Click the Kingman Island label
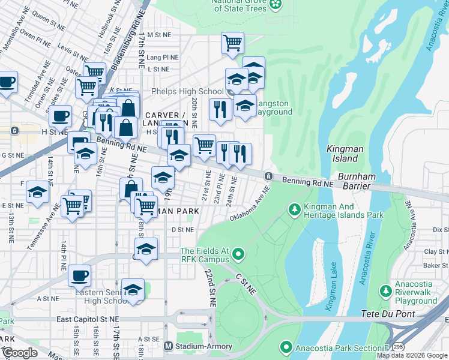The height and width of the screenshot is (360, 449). pyautogui.click(x=342, y=154)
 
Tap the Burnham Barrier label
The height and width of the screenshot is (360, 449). pyautogui.click(x=356, y=182)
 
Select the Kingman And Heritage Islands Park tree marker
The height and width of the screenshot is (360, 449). pyautogui.click(x=294, y=209)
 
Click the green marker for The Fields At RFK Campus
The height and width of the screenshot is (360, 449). pyautogui.click(x=238, y=254)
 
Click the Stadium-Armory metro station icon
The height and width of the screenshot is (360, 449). pyautogui.click(x=168, y=346)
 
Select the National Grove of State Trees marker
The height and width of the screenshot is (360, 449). pyautogui.click(x=276, y=5)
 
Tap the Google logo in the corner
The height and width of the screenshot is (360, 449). pyautogui.click(x=19, y=353)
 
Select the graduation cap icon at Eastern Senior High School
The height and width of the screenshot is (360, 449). pyautogui.click(x=133, y=289)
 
